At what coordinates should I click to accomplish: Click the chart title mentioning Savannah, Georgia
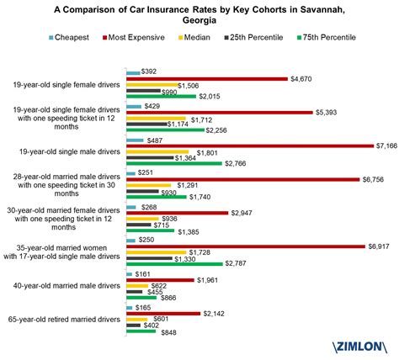point(199,14)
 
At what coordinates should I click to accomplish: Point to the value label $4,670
point(302,78)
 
